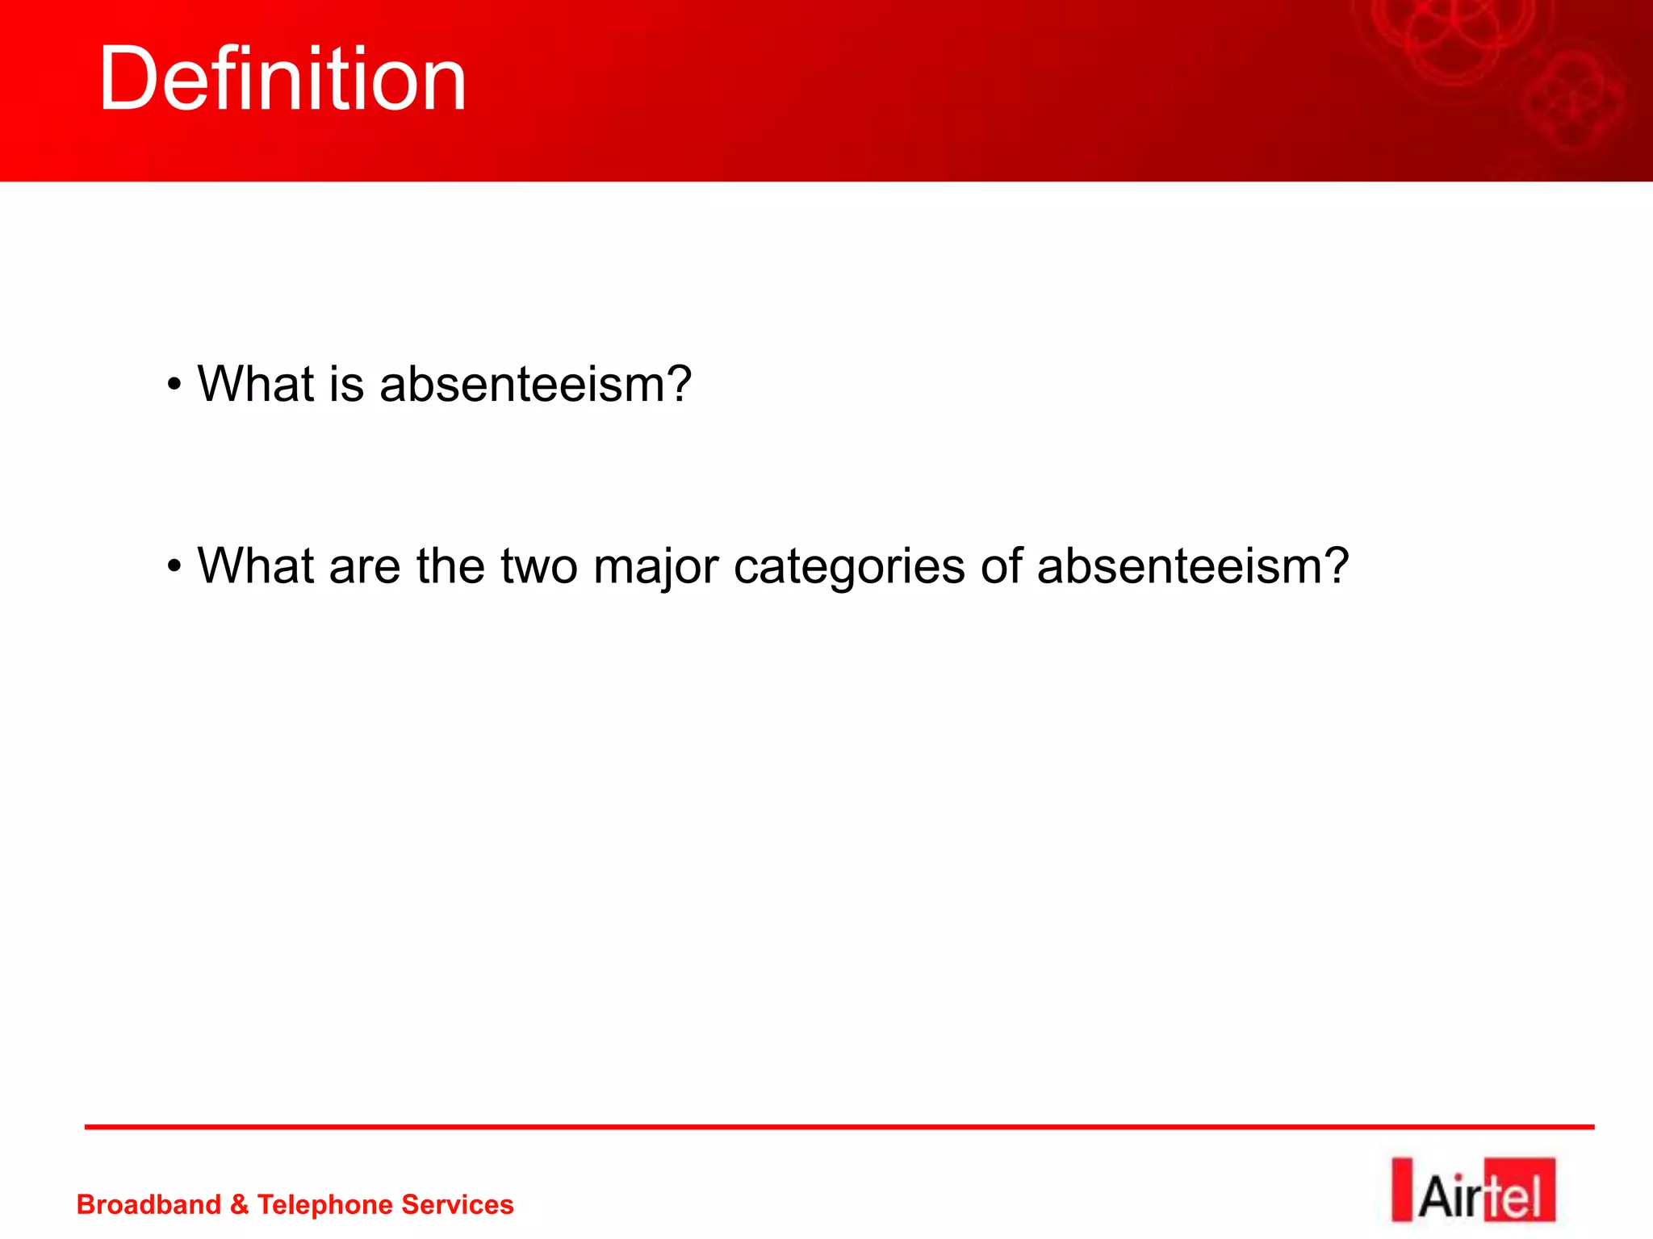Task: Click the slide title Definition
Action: click(282, 79)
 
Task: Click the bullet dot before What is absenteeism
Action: click(174, 385)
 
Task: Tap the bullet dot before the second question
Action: click(174, 567)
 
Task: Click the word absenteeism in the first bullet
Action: click(535, 384)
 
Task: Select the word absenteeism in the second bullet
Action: click(1192, 566)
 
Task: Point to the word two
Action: click(538, 567)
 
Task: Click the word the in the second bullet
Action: click(450, 566)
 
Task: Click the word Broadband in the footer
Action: click(149, 1204)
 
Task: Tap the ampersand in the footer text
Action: click(239, 1204)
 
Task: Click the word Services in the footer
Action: click(458, 1204)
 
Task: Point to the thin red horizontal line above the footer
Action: click(839, 1127)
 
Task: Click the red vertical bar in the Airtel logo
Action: click(1402, 1191)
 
